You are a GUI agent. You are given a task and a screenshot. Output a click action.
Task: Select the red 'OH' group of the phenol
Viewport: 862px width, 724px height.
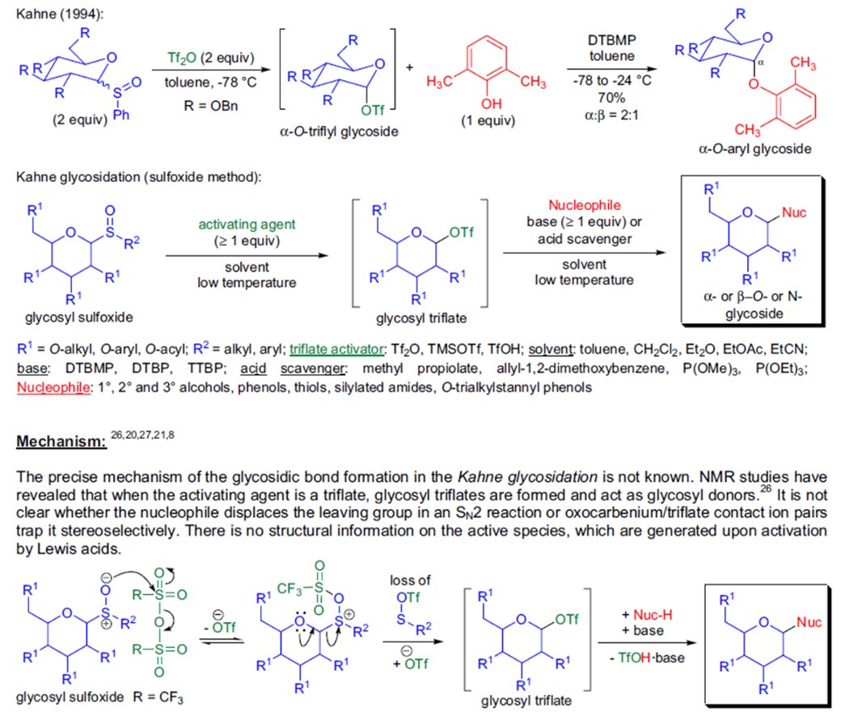coord(491,103)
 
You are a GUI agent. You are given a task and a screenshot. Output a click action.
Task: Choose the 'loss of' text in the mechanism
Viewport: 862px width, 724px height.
coord(411,580)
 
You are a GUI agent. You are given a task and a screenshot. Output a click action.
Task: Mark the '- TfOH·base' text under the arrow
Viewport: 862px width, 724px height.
coord(646,658)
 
